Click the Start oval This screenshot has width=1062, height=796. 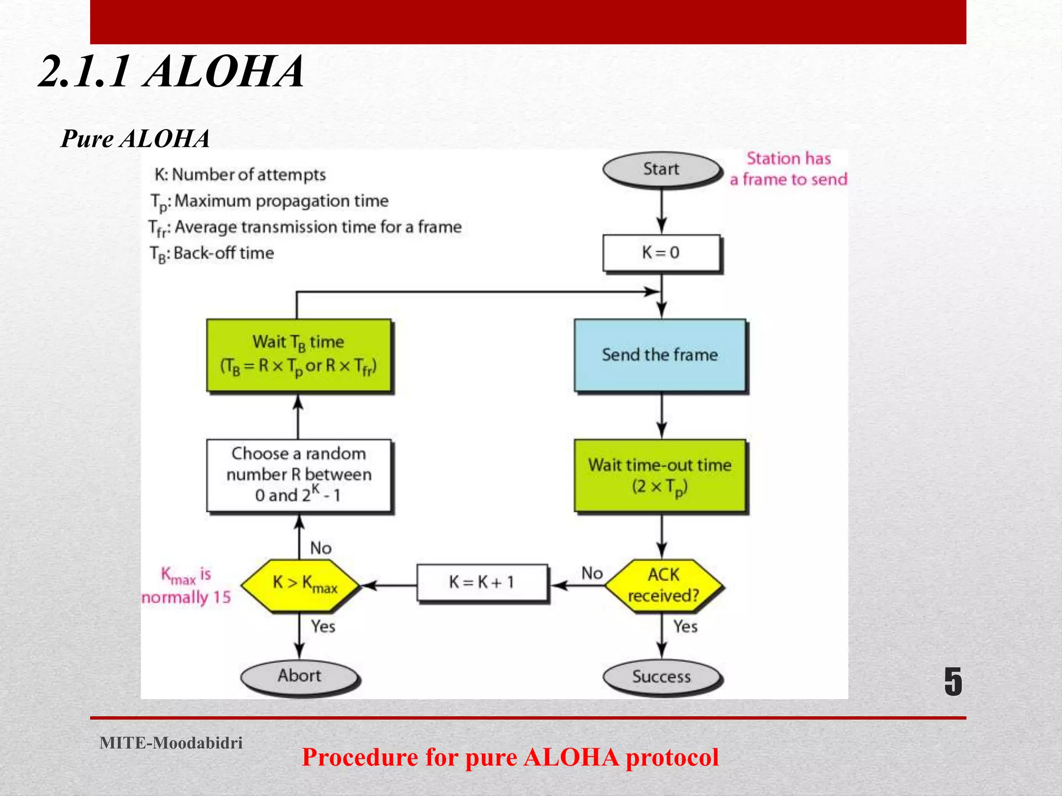(x=661, y=169)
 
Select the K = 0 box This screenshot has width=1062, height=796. (x=661, y=252)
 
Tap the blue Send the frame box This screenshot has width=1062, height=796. (x=660, y=355)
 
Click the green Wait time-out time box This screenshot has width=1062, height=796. (x=660, y=475)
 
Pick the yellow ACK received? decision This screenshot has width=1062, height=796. (x=663, y=586)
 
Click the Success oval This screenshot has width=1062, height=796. (x=661, y=676)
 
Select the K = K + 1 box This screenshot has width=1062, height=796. (x=482, y=582)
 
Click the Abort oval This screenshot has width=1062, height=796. (x=299, y=676)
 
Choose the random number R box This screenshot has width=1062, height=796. (x=299, y=475)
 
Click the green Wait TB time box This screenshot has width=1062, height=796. (x=299, y=355)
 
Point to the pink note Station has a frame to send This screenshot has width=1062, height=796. (x=788, y=169)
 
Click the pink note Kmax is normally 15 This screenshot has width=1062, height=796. (x=186, y=586)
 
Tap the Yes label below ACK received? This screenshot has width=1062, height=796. (x=685, y=627)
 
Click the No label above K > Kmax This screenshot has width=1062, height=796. (x=320, y=548)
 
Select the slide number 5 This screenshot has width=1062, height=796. (x=953, y=681)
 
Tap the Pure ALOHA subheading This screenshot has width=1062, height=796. (x=135, y=139)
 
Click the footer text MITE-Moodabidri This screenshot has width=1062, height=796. (x=171, y=743)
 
